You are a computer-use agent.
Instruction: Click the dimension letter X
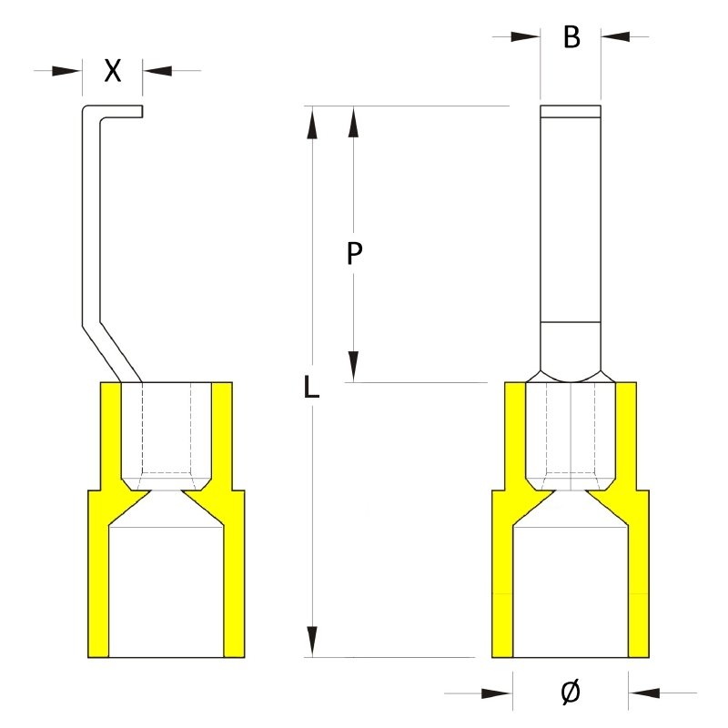coord(112,71)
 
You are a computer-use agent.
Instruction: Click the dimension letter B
coord(571,37)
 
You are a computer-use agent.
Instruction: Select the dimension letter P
coord(355,254)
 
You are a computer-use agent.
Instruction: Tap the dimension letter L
coord(311,389)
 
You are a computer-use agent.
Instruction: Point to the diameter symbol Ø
coord(570,693)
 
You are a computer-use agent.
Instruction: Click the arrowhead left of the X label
coord(67,70)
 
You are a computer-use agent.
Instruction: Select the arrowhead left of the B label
coord(525,36)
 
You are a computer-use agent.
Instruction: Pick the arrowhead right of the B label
coord(615,36)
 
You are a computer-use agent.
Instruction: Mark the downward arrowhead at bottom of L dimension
coord(312,641)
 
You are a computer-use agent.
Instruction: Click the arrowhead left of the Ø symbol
coord(497,693)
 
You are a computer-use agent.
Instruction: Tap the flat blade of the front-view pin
coord(570,218)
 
